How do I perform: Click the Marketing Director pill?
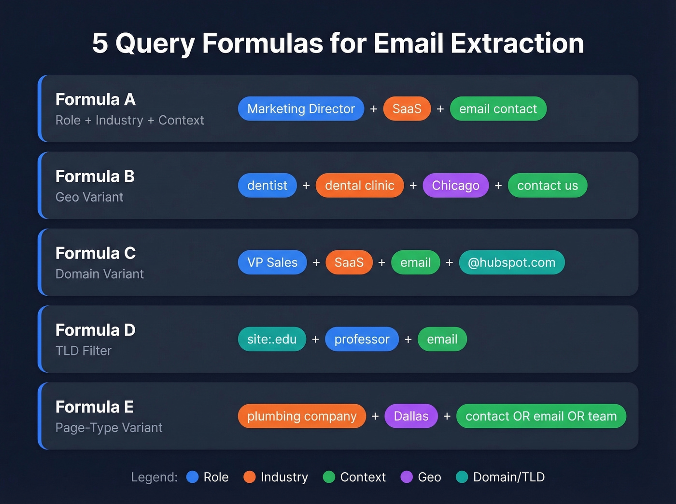[301, 109]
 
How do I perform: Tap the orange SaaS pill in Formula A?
[407, 109]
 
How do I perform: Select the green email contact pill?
[498, 109]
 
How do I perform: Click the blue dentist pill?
[267, 186]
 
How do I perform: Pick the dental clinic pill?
[359, 186]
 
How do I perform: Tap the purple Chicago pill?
[455, 186]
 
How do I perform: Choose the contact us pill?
[547, 186]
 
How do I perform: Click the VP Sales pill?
[272, 262]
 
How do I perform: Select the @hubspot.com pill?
[511, 262]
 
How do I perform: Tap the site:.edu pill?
[272, 339]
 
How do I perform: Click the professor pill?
[362, 339]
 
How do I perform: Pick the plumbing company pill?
[302, 416]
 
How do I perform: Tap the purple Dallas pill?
[411, 416]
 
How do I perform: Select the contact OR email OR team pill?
[541, 416]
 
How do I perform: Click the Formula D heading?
[95, 330]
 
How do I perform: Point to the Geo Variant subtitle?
[89, 197]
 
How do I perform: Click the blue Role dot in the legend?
[193, 477]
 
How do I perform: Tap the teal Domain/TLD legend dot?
[462, 477]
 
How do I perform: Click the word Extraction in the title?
[517, 43]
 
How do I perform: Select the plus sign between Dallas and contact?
[447, 416]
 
